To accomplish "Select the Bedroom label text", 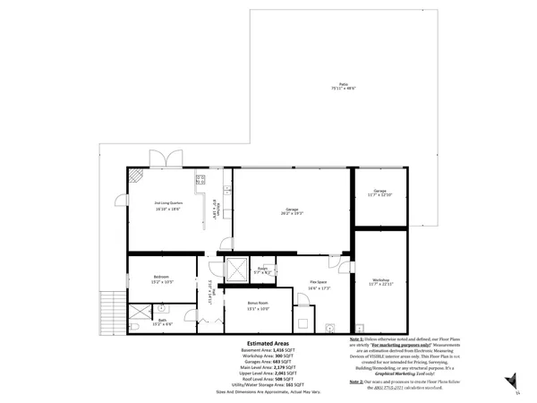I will click(162, 279).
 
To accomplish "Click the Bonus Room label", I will click(260, 307).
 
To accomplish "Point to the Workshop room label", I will click(380, 283).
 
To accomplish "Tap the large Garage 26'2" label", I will click(293, 211).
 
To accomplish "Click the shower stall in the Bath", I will click(139, 314).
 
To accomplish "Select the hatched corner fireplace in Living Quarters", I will click(133, 176).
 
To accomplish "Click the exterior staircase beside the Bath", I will click(113, 309).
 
